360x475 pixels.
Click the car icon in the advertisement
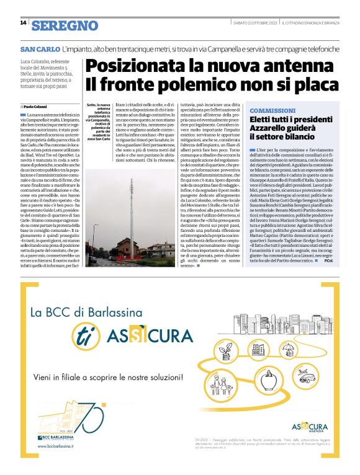click(x=305, y=377)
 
